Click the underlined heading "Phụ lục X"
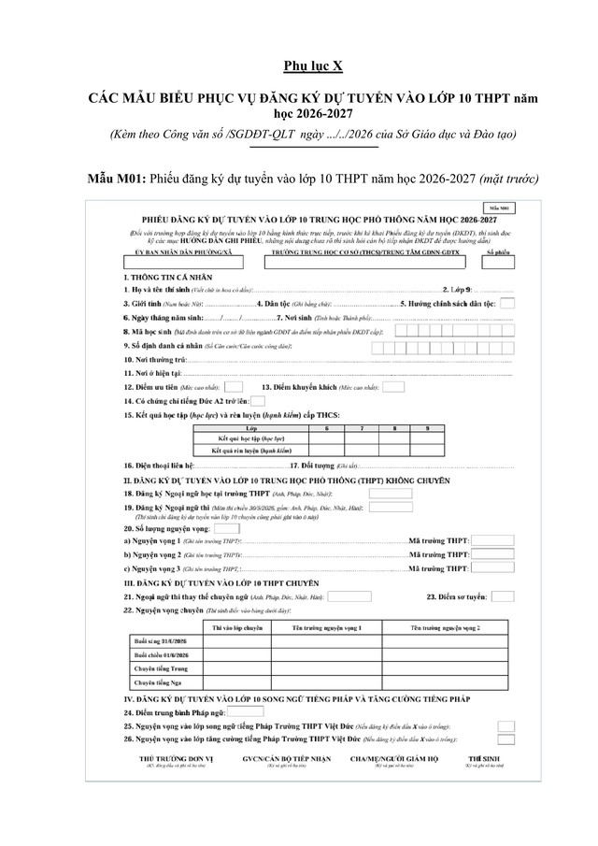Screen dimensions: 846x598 coord(300,66)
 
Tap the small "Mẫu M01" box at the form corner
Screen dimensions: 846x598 coord(503,206)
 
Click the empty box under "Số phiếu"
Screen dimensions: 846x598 coord(501,264)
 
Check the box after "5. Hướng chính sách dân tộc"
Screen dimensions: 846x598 coord(506,303)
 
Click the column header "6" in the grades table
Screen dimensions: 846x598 coord(326,427)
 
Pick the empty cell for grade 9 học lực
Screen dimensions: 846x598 coord(428,438)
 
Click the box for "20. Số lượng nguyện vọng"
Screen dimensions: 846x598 coord(227,527)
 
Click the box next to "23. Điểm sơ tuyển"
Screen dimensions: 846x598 coord(503,595)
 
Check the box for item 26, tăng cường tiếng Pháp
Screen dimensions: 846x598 coord(506,738)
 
